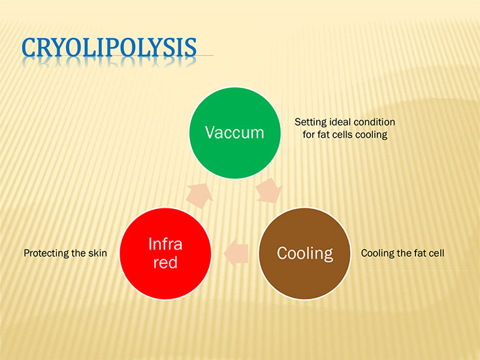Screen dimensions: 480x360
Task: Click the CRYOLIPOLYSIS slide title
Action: tap(109, 47)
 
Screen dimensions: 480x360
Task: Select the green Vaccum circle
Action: tap(235, 133)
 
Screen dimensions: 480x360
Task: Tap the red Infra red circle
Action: tap(165, 254)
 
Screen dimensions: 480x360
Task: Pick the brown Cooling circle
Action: tap(304, 254)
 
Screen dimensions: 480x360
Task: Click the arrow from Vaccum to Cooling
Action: tap(269, 191)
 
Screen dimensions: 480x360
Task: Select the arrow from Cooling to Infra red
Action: tap(236, 254)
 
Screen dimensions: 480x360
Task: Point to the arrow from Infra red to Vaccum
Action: tap(200, 196)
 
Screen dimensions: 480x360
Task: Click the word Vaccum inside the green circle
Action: tap(234, 133)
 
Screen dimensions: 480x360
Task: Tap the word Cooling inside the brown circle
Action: tap(305, 254)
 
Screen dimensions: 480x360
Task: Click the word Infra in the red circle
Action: tap(165, 244)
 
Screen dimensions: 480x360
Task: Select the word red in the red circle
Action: tap(165, 263)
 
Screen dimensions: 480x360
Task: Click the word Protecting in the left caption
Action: tap(46, 254)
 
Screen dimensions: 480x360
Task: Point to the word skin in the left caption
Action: tap(98, 253)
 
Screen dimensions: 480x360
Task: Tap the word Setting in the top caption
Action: tap(310, 122)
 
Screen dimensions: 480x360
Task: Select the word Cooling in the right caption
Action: tap(377, 254)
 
